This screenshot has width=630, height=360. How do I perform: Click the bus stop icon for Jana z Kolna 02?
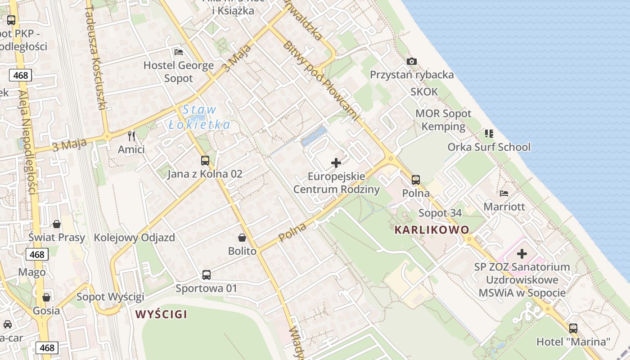pos(205,161)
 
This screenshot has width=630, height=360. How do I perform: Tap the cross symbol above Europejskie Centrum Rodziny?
pos(336,163)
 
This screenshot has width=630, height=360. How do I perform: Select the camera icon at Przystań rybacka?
pos(411,62)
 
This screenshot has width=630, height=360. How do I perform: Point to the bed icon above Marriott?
pos(504,193)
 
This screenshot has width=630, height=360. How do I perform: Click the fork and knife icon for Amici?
pos(131,136)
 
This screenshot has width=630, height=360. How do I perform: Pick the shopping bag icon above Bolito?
pos(242,238)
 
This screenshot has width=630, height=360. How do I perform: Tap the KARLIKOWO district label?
pos(432,230)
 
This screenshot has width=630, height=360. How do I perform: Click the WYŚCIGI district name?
pos(161,314)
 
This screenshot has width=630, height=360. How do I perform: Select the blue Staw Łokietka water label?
pos(199,117)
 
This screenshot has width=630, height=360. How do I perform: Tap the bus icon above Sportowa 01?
pos(207,274)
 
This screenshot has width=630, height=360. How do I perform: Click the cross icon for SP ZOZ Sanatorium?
pos(522,254)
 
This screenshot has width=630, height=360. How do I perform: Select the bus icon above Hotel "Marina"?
pos(573,328)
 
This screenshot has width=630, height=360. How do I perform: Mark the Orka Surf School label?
pos(489,147)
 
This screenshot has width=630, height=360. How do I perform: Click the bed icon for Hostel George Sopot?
pos(179,52)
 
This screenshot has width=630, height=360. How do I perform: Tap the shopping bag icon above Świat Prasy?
pos(57,224)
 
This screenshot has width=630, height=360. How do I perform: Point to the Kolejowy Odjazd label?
pos(134,238)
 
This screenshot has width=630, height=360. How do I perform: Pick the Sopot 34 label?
pos(440,213)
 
